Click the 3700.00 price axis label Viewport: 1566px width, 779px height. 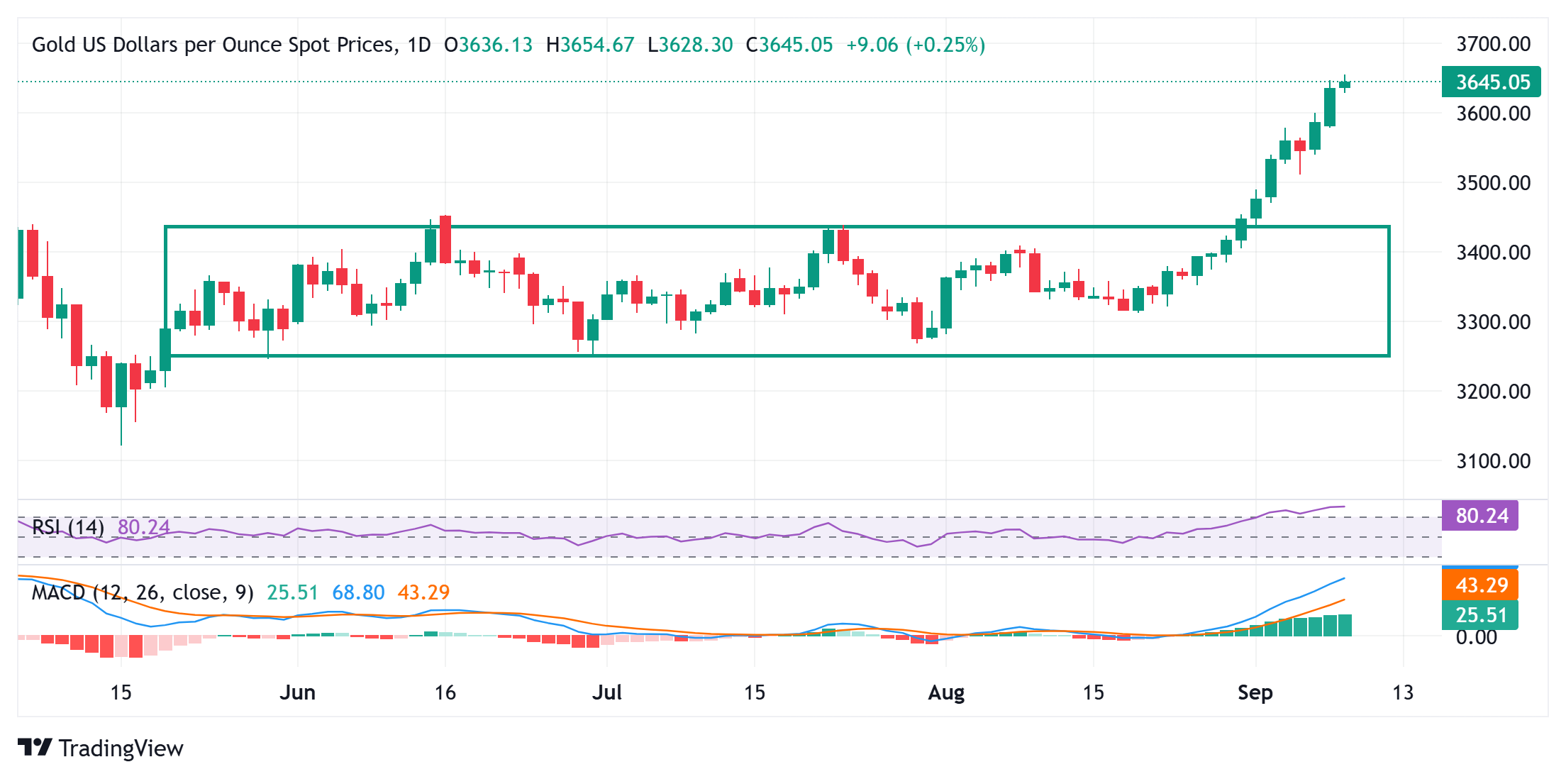(1493, 44)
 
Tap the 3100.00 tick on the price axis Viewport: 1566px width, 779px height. (1493, 461)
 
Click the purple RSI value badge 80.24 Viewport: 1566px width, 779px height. (1481, 516)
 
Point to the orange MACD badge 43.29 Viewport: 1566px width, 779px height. (1481, 585)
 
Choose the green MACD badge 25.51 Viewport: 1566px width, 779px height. (1481, 615)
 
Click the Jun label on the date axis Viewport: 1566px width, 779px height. (297, 692)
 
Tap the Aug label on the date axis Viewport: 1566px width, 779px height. (946, 692)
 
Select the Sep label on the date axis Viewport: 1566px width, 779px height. (1255, 692)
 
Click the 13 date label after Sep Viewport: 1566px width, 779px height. (1403, 692)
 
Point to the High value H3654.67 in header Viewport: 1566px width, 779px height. (590, 45)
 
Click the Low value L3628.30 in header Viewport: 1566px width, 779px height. (690, 45)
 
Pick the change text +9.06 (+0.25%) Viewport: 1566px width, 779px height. (916, 45)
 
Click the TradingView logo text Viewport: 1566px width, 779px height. (121, 748)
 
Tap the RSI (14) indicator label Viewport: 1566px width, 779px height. (68, 527)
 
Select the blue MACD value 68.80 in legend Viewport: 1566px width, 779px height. (358, 592)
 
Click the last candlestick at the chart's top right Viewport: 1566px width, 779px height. (1345, 84)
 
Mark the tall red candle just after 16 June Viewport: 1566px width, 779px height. (445, 240)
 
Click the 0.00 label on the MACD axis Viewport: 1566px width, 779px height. (1476, 637)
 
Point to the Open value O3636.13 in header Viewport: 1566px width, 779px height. (488, 45)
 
